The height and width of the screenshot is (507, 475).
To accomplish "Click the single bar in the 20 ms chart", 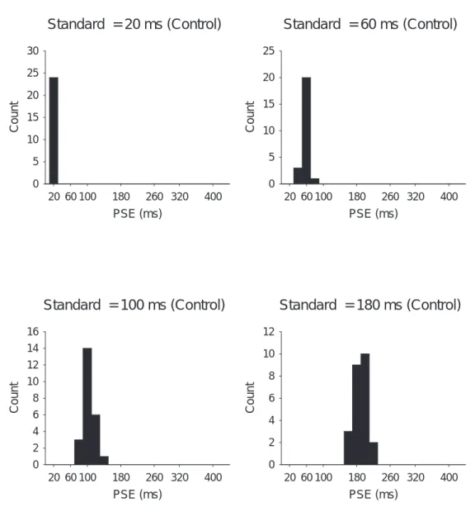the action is (x=54, y=130).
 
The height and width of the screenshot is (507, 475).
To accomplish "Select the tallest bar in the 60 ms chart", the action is (x=307, y=130).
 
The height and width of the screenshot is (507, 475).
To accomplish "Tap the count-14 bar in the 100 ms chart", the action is (x=87, y=406).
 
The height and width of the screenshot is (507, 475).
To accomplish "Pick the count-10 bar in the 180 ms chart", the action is (x=364, y=409).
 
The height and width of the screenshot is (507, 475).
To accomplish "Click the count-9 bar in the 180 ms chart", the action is (x=356, y=415).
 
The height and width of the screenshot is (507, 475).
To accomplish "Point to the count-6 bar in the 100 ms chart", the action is (x=96, y=439).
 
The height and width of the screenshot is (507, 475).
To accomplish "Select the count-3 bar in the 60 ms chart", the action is (x=298, y=176).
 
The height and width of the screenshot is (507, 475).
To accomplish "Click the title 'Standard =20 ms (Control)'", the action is (x=134, y=24).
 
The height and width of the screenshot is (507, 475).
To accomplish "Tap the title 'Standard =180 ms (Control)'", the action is (x=370, y=305).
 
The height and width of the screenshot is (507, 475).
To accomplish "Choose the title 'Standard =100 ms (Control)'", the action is (x=134, y=305).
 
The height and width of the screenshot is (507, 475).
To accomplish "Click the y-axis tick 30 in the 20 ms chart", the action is (x=33, y=50).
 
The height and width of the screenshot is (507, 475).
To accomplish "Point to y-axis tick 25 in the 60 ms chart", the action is (x=269, y=50).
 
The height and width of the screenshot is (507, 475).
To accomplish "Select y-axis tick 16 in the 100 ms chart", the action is (x=33, y=331).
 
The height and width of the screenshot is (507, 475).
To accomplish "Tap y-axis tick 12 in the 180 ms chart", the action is (x=269, y=331).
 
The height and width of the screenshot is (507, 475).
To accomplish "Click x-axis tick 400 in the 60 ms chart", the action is (x=449, y=197).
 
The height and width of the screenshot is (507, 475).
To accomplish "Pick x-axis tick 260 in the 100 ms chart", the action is (x=154, y=477).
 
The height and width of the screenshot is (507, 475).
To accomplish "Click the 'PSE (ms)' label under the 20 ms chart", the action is (x=138, y=214).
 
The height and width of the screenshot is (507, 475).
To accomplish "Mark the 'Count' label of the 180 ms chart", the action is (x=250, y=397).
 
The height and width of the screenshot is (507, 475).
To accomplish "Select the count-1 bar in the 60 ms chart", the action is (x=315, y=181).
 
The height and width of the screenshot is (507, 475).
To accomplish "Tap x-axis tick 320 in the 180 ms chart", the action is (x=416, y=477).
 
